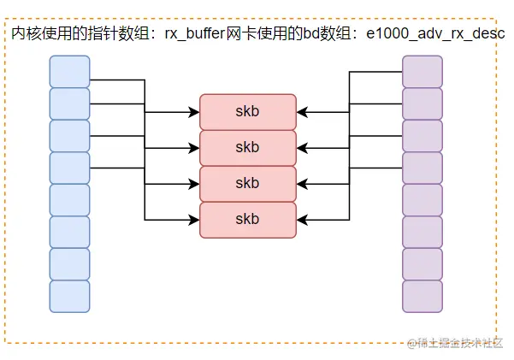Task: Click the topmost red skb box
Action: pos(247,111)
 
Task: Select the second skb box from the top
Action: pos(247,147)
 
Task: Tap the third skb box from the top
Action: pos(247,183)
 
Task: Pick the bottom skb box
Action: pos(247,220)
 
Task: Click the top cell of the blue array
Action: pos(69,71)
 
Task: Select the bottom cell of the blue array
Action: pos(69,296)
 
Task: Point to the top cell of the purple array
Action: pos(422,71)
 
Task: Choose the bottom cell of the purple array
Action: pos(422,296)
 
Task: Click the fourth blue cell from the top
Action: pos(69,168)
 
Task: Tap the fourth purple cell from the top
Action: pos(422,168)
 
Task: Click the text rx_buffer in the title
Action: pos(198,33)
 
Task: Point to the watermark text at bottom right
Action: pos(455,343)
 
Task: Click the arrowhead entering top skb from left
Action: pos(194,112)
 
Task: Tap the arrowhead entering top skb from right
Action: pos(302,112)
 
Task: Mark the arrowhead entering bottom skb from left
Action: pos(194,220)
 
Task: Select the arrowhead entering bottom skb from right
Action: pos(302,220)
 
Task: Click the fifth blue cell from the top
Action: pos(69,200)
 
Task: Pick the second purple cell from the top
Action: pos(422,103)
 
